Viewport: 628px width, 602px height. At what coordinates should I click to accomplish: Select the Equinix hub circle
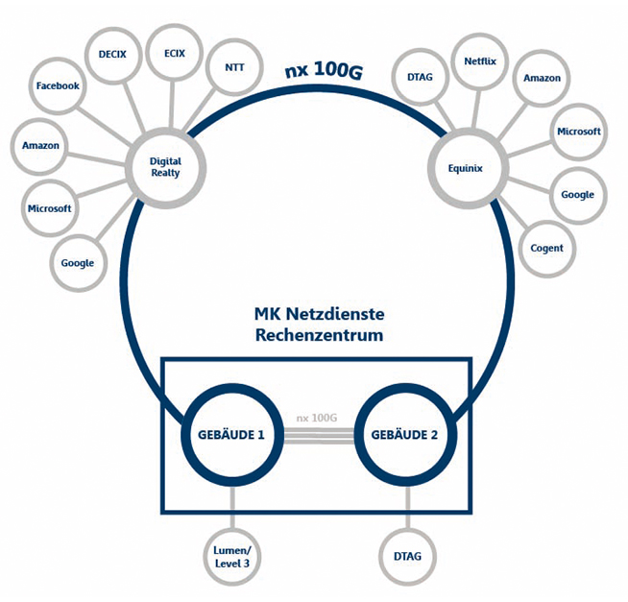click(x=465, y=168)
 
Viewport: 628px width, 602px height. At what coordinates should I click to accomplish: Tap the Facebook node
click(x=58, y=86)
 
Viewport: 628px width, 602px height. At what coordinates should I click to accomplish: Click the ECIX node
click(x=175, y=54)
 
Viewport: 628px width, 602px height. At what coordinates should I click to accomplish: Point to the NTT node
click(x=233, y=68)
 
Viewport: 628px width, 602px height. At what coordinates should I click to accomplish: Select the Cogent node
click(x=546, y=249)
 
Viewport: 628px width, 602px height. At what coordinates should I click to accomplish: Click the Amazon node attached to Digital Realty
click(x=40, y=146)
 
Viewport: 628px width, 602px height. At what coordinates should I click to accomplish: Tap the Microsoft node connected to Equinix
click(x=578, y=132)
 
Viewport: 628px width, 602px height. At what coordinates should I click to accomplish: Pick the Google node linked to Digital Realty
click(x=77, y=263)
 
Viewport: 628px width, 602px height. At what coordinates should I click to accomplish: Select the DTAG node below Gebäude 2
click(x=408, y=556)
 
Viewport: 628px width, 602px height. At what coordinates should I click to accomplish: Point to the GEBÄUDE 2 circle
click(x=404, y=434)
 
